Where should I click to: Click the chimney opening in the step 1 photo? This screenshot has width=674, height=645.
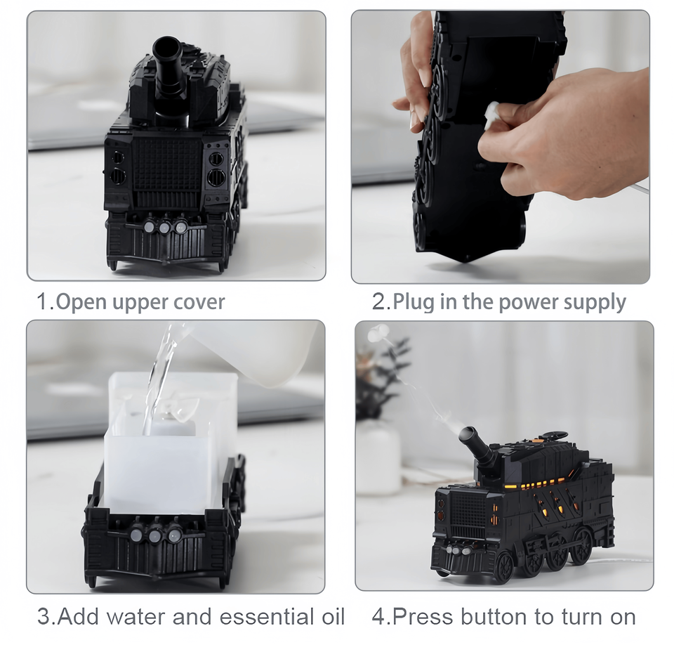168,46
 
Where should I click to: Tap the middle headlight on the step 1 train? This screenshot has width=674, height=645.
164,227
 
